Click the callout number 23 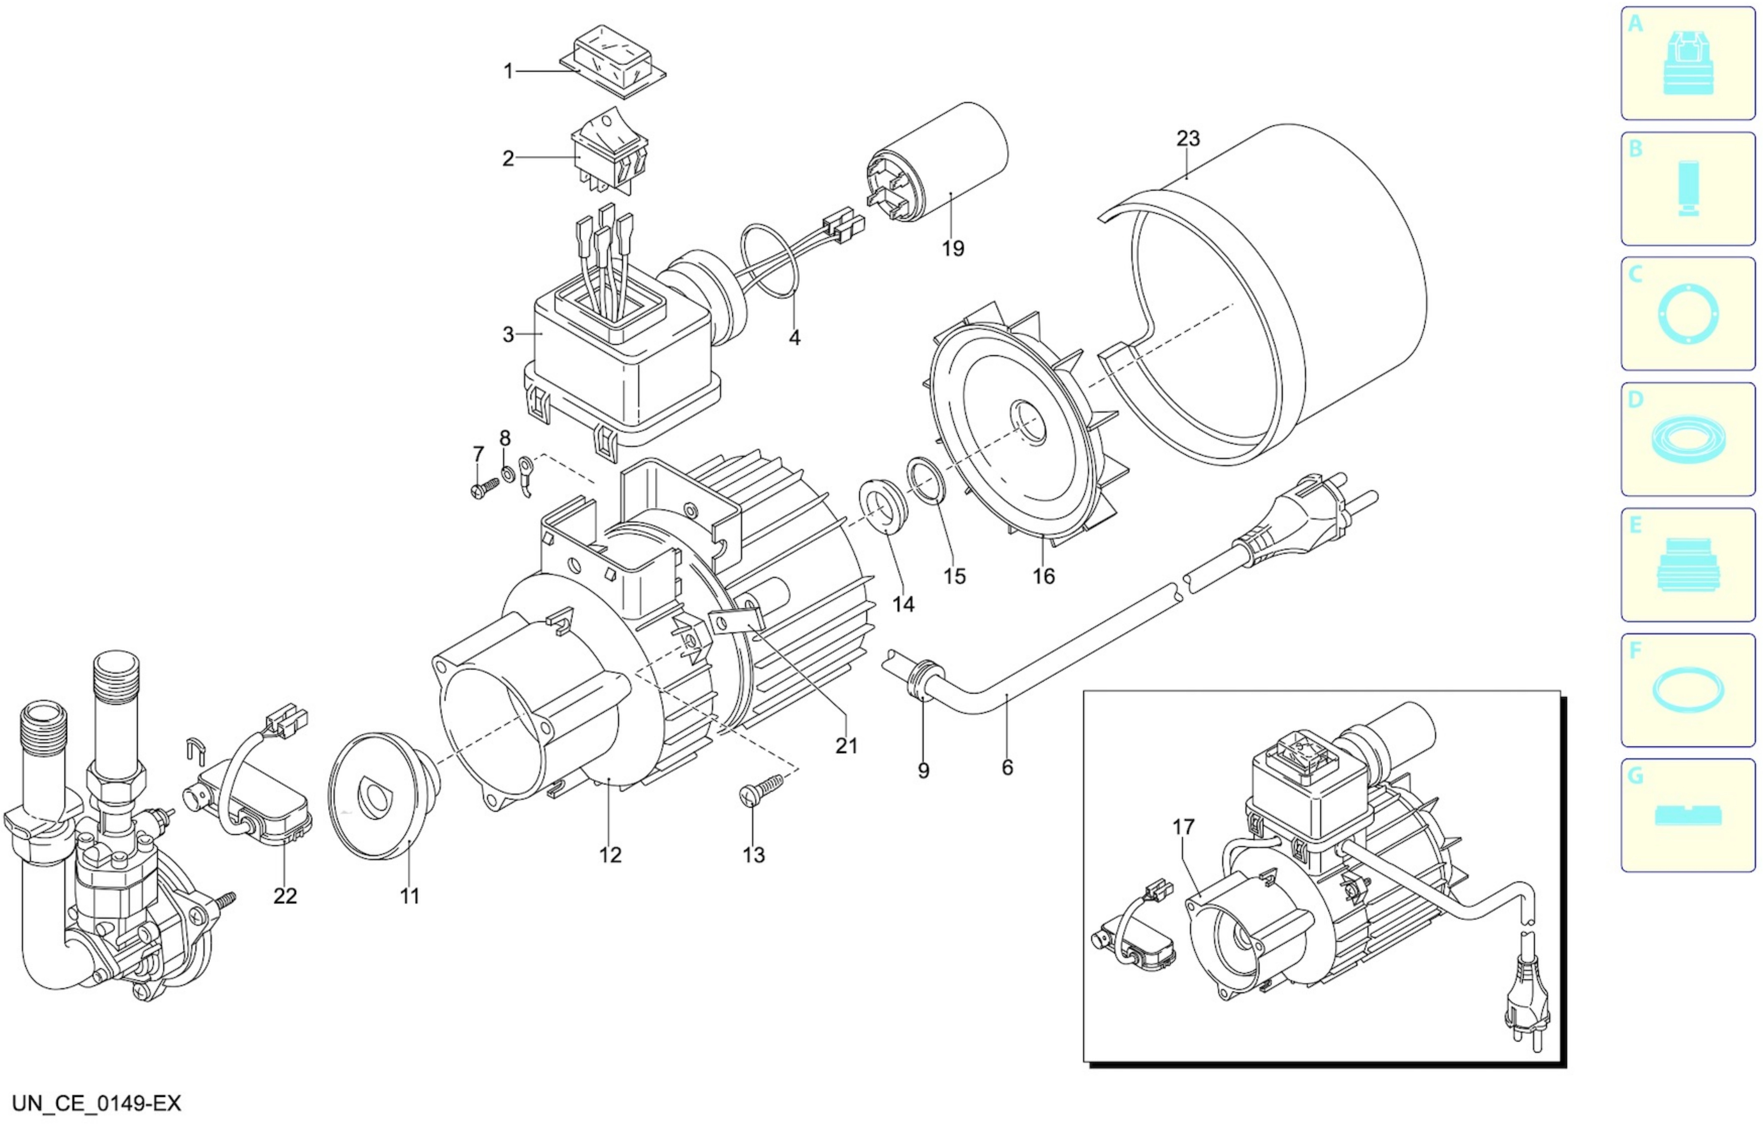pyautogui.click(x=1188, y=138)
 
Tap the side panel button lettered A pyautogui.click(x=1688, y=64)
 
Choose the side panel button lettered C pyautogui.click(x=1688, y=314)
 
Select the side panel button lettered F pyautogui.click(x=1688, y=690)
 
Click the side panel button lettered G pyautogui.click(x=1688, y=815)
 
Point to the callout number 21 pyautogui.click(x=847, y=745)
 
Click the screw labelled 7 pyautogui.click(x=483, y=487)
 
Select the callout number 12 pyautogui.click(x=610, y=854)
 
